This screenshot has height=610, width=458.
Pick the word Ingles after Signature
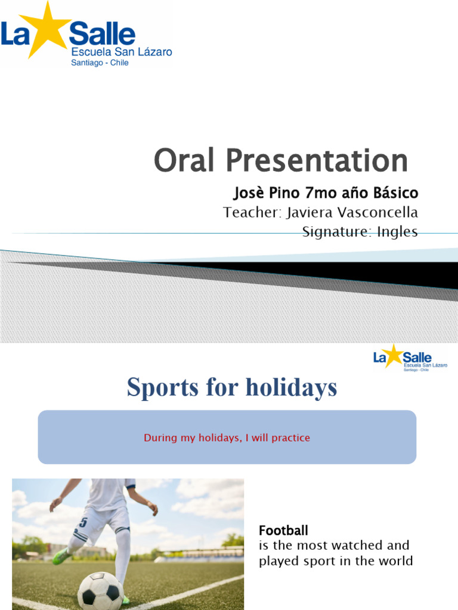396,232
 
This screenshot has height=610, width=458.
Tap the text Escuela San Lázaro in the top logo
122,52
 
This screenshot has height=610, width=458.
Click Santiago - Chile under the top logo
100,63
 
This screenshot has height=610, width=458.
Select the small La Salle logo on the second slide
410,357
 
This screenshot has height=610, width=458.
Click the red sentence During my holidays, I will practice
227,438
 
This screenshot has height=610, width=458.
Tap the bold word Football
283,530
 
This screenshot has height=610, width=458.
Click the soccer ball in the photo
100,590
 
